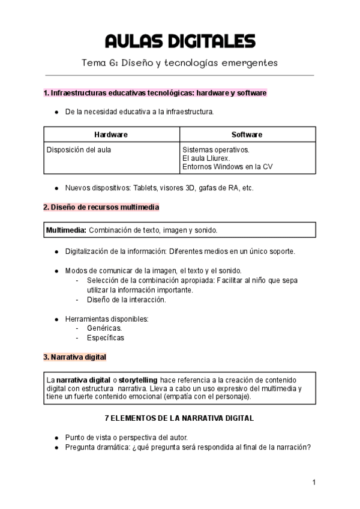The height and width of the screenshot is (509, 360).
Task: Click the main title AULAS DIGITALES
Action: click(x=180, y=41)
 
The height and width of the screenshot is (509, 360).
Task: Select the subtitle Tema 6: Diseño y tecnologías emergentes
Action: click(x=180, y=63)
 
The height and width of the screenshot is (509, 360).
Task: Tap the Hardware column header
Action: click(x=111, y=134)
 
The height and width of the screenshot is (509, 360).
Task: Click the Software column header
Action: click(x=247, y=134)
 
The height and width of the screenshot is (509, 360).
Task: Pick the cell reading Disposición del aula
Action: click(x=79, y=149)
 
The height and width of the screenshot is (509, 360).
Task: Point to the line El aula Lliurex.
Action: click(x=207, y=158)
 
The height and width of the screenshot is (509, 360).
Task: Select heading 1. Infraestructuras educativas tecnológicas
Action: click(x=155, y=94)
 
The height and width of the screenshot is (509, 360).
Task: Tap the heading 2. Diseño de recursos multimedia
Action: click(x=101, y=207)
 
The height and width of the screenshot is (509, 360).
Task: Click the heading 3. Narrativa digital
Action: click(x=74, y=357)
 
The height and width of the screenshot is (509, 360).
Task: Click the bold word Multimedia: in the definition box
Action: click(x=67, y=230)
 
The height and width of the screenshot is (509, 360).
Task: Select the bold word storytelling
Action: click(x=138, y=380)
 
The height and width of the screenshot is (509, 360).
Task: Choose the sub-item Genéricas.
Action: click(x=104, y=328)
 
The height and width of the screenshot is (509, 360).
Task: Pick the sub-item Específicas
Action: click(x=106, y=337)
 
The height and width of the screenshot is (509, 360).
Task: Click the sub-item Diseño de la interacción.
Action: click(x=126, y=300)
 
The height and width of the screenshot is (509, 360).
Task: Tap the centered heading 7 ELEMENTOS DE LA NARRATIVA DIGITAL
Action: click(x=179, y=418)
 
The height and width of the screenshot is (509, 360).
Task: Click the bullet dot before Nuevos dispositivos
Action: click(x=56, y=188)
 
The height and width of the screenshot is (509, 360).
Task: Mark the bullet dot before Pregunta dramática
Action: click(x=56, y=447)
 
